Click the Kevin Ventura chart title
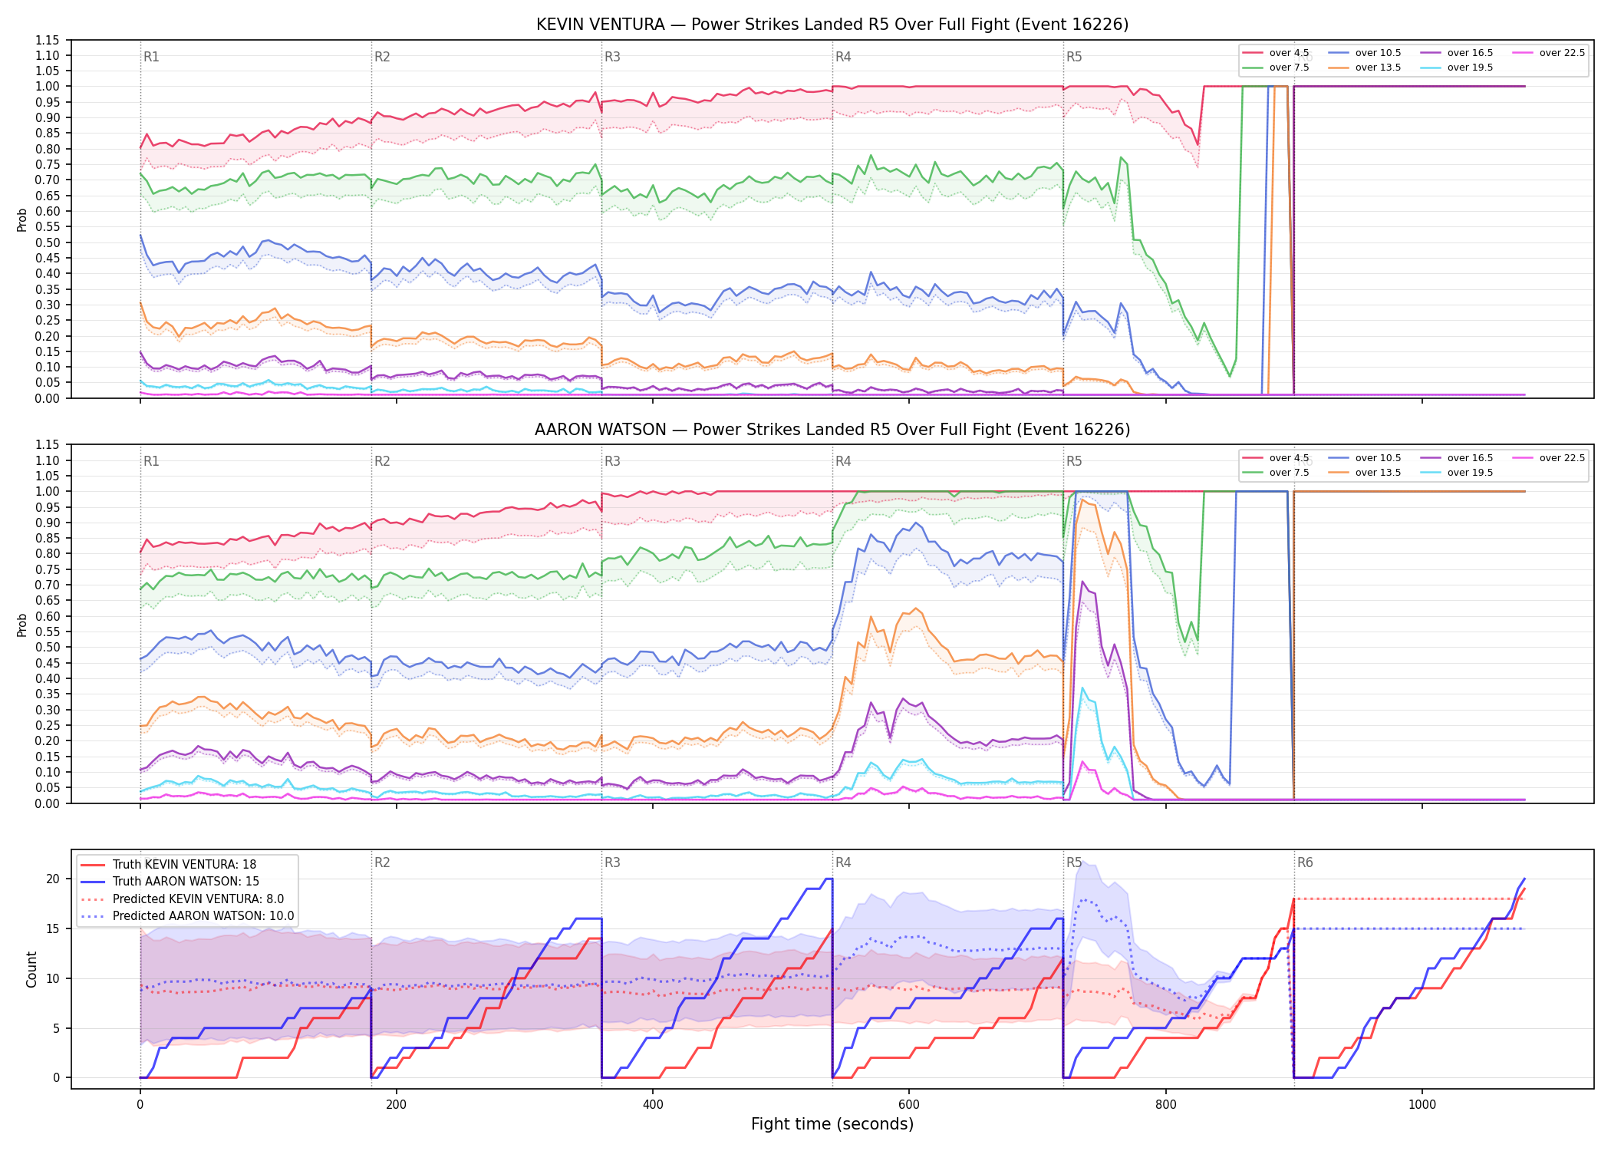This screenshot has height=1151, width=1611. click(x=832, y=25)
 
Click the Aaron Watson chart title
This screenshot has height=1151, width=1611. click(x=832, y=430)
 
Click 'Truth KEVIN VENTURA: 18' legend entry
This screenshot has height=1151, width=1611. click(x=169, y=865)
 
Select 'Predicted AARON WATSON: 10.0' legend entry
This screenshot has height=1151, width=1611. click(x=188, y=916)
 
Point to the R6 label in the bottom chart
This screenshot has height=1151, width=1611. click(x=1305, y=862)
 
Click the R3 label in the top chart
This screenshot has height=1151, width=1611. click(x=612, y=57)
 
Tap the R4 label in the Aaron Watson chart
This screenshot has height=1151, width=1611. click(x=843, y=461)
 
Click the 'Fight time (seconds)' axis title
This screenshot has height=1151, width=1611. click(x=832, y=1124)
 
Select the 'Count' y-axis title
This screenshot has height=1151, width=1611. click(x=31, y=969)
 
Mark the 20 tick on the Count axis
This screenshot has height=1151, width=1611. click(x=53, y=879)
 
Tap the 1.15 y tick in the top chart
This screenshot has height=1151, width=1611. click(x=47, y=40)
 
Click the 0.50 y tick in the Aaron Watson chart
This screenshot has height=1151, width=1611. click(x=47, y=647)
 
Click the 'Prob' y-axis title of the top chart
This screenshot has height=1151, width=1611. click(x=21, y=220)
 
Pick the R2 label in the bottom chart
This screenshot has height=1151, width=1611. click(x=382, y=862)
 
